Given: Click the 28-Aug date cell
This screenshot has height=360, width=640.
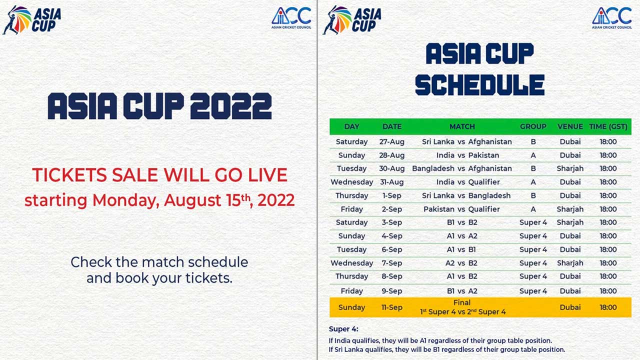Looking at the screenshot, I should point(392,155).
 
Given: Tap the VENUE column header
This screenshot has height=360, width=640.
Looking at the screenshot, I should point(570,126).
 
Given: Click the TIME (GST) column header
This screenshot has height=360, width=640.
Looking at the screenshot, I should point(608,126).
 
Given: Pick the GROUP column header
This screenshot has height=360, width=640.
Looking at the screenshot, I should point(533,126).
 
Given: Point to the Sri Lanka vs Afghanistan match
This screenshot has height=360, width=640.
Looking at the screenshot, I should point(466,141).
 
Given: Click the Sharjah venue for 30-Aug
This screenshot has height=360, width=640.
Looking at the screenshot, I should point(570,168).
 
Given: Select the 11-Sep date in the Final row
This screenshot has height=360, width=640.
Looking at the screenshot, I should point(392,307).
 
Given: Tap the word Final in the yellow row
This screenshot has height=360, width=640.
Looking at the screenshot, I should point(462,302).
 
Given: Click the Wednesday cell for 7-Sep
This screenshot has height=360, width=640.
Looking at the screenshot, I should point(352,263).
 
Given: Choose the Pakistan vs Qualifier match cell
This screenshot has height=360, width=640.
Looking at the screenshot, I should point(461,209).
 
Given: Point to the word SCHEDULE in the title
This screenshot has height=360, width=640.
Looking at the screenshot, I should point(479,85).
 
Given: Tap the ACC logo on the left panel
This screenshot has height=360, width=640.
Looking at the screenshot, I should point(291,17).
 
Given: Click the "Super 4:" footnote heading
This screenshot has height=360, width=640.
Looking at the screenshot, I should point(343,329).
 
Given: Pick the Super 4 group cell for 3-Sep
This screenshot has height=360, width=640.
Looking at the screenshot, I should point(533,222).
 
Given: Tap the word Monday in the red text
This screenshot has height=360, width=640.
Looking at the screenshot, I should point(125,200).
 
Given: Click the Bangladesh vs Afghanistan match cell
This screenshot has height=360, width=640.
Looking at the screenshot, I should point(461,168).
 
